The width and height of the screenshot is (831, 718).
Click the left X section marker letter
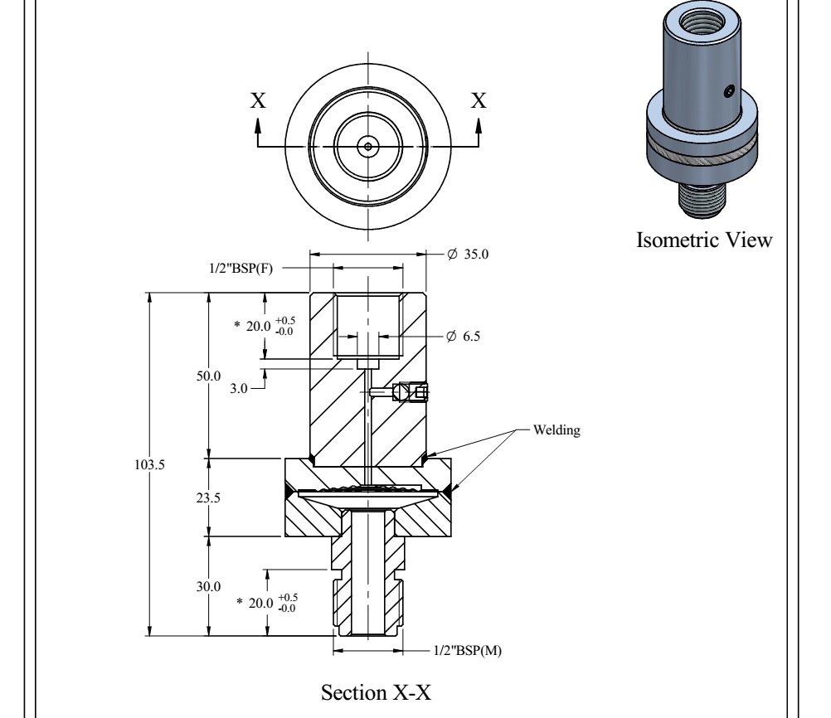(258, 101)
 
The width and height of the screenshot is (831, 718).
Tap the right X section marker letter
(479, 101)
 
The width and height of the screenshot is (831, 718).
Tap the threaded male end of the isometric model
(702, 197)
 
